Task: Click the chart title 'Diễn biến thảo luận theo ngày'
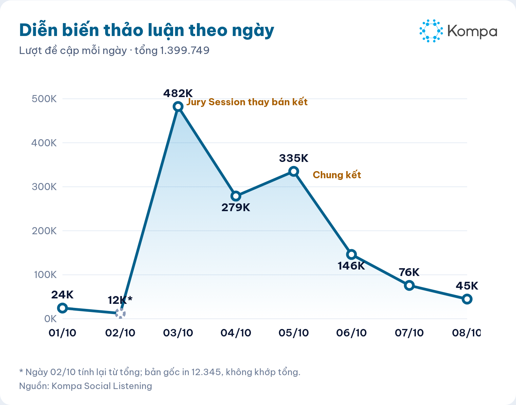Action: (x=147, y=31)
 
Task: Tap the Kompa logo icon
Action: (x=431, y=31)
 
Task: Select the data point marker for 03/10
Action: (x=178, y=107)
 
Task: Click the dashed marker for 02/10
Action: (x=121, y=313)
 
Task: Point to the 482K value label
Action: (x=178, y=93)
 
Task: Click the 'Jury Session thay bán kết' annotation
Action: (x=247, y=102)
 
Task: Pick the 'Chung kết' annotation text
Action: (x=337, y=175)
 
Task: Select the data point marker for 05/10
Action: (x=294, y=171)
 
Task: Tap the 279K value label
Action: (x=236, y=207)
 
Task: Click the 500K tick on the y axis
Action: (x=44, y=99)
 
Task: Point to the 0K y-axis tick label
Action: (x=50, y=319)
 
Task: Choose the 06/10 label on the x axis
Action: (x=351, y=333)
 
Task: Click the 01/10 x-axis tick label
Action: (x=62, y=333)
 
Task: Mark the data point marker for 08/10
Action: (x=467, y=299)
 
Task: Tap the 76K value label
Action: (x=409, y=272)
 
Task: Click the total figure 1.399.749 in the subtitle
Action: (x=185, y=50)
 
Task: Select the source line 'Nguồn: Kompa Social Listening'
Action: (x=86, y=386)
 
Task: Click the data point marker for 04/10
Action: (x=236, y=196)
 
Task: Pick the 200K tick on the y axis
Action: (x=44, y=231)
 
